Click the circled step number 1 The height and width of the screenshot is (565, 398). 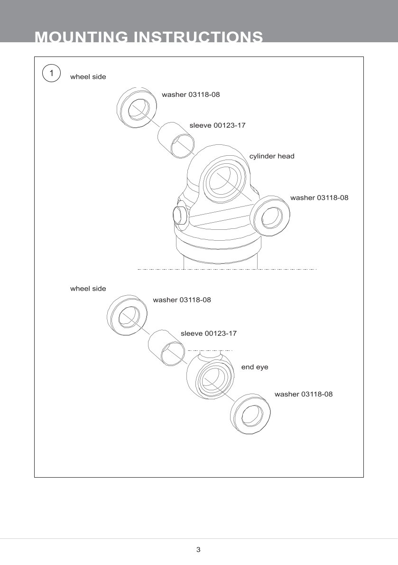coord(52,74)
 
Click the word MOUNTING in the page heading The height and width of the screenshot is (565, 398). coord(81,37)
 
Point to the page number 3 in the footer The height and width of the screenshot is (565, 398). coord(198,550)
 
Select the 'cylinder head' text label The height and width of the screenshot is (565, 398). coord(272,156)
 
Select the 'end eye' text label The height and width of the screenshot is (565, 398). coord(255,367)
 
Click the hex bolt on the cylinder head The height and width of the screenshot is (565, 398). coord(180,215)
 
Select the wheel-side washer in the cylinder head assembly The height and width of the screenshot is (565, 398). coord(137,108)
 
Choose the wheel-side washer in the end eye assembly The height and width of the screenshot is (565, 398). coord(127,315)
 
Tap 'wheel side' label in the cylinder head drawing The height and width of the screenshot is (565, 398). coord(88,76)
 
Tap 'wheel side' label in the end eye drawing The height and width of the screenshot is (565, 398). coord(88,289)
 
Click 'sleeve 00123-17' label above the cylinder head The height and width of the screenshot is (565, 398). coord(217,125)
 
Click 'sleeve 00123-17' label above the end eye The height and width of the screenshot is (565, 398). coord(208,333)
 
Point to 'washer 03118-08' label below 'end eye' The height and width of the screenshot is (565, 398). coord(304,394)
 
